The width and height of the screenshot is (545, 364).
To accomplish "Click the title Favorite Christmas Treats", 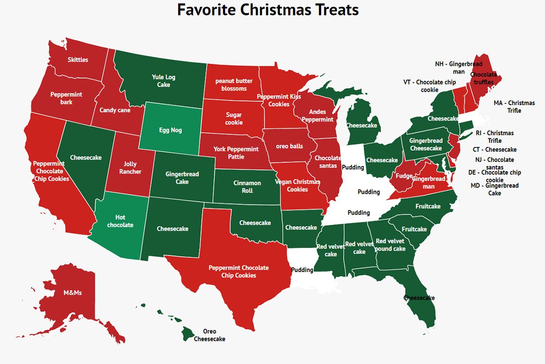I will coord(268,10).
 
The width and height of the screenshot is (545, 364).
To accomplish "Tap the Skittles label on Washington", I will coord(78,60).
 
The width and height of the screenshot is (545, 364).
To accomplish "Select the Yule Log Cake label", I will coord(163,81).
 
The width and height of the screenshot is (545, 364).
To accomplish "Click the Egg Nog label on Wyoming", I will coord(170,130).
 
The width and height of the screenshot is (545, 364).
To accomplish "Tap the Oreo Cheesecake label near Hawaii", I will coord(209,335).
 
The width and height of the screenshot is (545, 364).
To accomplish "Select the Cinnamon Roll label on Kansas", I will coord(247,187).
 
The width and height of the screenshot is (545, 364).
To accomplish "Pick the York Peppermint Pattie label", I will coord(236,153).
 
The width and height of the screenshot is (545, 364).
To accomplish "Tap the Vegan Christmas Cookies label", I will coord(297,186).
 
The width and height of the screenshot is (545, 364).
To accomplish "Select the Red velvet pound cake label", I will coord(390,245).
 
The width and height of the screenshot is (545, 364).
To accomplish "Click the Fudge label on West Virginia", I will coord(404,176).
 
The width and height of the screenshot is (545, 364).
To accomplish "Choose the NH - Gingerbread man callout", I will coord(458,68).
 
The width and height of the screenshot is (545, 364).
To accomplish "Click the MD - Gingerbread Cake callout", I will coord(495,189).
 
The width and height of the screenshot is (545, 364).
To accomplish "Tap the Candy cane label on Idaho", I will coord(115,110).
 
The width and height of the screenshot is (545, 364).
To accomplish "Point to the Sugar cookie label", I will coord(234,119).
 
